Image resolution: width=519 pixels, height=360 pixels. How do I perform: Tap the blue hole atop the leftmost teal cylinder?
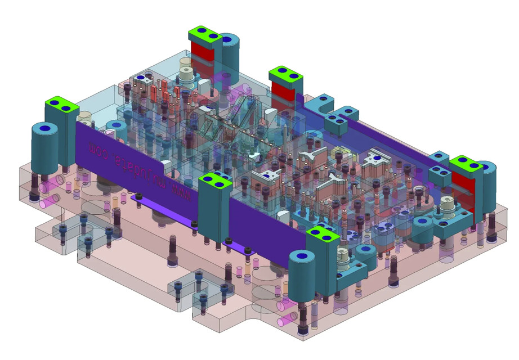click(44, 129)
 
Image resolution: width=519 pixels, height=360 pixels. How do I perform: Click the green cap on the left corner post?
click(61, 105)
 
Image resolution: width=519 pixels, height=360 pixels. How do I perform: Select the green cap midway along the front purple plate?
click(215, 181)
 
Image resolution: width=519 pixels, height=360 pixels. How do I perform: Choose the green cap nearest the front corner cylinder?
click(322, 235)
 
